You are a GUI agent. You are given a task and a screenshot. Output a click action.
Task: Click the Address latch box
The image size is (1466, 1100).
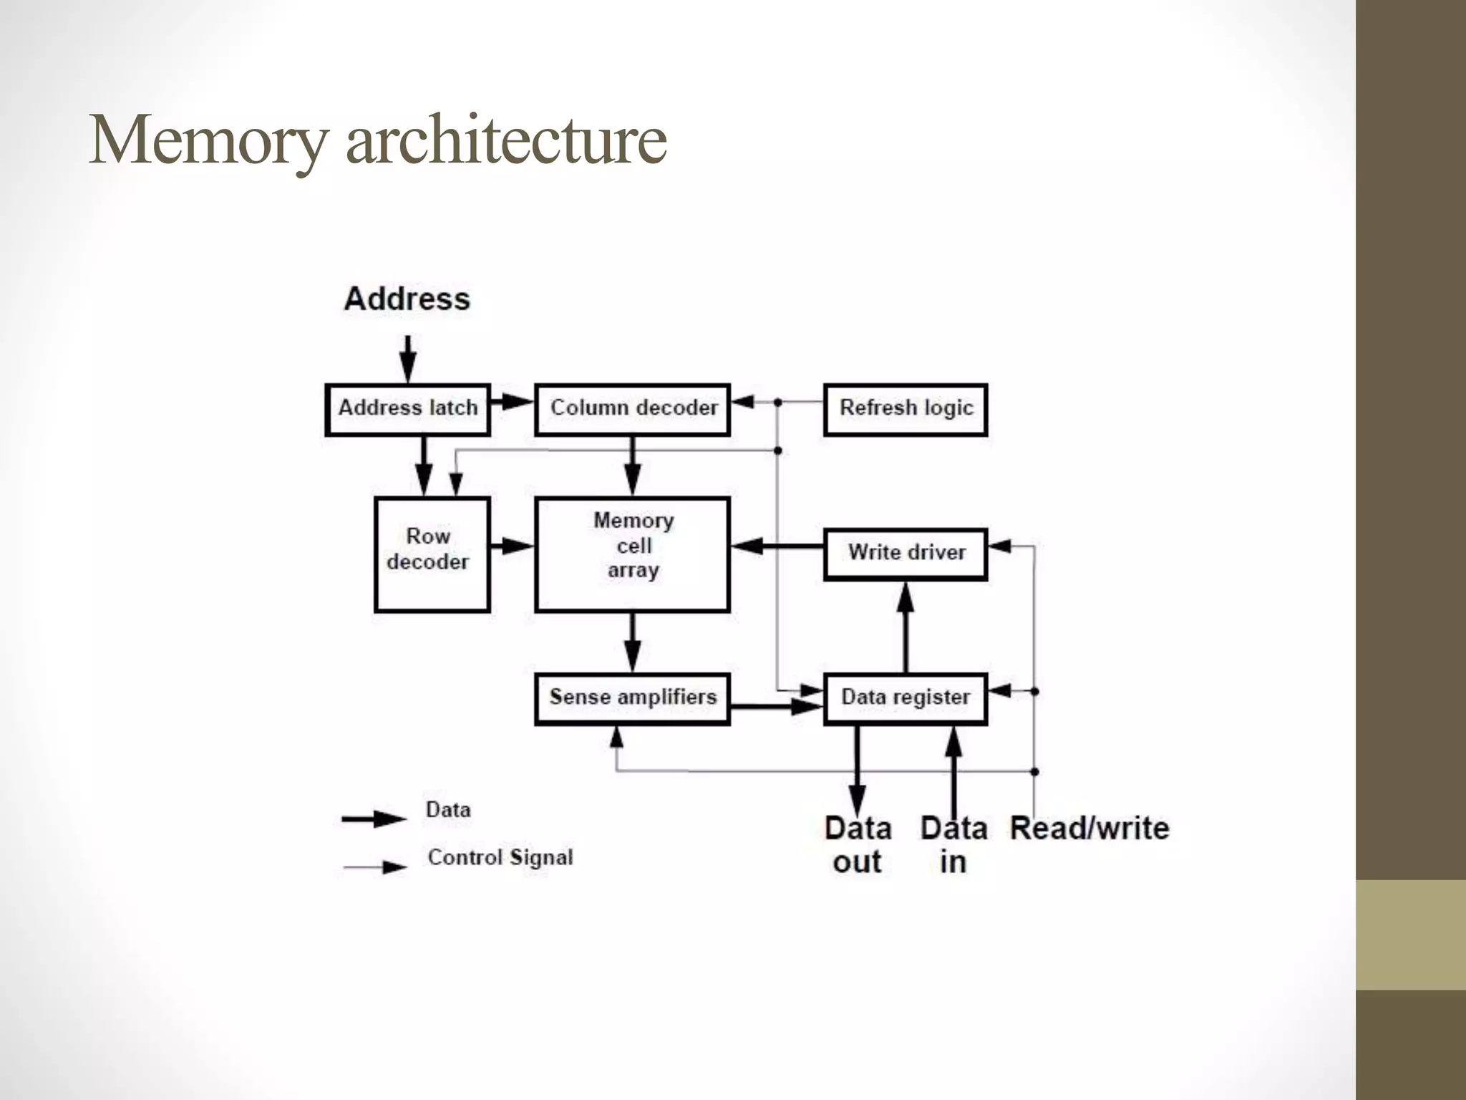tap(407, 409)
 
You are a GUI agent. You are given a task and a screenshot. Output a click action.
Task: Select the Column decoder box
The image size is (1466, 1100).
tap(632, 409)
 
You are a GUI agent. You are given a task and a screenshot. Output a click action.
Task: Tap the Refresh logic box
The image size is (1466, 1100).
tap(906, 409)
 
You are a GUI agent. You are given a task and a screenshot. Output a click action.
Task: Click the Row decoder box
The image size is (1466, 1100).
tap(432, 554)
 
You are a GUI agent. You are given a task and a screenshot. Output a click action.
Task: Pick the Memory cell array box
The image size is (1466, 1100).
tap(632, 554)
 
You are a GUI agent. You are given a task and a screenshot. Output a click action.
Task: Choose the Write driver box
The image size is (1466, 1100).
tap(906, 554)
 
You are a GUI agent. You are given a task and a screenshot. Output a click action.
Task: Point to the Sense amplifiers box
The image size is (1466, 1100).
tap(632, 698)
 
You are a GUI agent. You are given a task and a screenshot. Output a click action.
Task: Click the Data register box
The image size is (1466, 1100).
tap(906, 698)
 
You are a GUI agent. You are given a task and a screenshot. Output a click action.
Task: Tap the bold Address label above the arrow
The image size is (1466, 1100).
tap(407, 299)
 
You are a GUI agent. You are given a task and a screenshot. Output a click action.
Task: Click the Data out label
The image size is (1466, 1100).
tap(858, 845)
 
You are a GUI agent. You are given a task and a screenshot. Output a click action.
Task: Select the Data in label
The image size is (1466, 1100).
tap(953, 845)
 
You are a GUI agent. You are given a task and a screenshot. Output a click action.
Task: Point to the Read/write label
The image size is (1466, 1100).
tap(1089, 829)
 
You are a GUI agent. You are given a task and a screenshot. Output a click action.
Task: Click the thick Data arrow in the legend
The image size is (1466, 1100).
tap(374, 819)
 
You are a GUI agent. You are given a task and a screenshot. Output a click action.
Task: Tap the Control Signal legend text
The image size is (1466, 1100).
tap(500, 857)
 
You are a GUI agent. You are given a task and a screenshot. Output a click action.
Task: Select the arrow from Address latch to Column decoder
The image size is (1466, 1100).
tap(512, 402)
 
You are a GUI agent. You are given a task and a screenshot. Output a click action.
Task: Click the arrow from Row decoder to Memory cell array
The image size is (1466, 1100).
tap(512, 546)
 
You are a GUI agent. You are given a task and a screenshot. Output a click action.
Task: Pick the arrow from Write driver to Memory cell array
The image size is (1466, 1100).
tap(777, 546)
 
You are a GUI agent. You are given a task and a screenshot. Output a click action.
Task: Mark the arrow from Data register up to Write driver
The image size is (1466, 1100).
tap(906, 627)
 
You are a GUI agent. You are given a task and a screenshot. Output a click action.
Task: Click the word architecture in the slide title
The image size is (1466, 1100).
tap(506, 140)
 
